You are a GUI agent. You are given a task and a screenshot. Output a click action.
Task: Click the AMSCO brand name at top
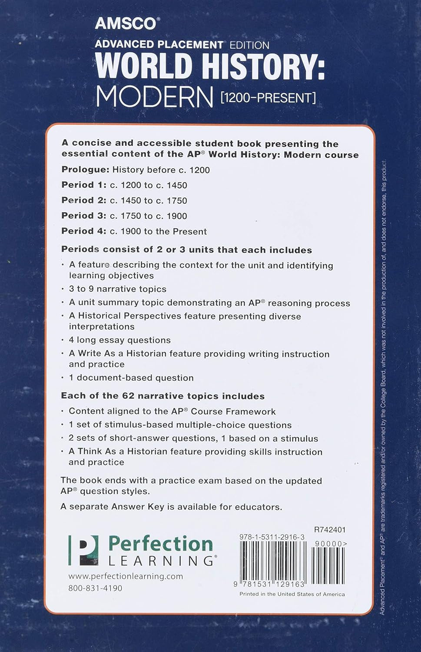coord(125,23)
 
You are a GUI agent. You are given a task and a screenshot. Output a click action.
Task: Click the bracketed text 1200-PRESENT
coord(268,97)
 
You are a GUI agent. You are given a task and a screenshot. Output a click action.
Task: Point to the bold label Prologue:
coord(85,170)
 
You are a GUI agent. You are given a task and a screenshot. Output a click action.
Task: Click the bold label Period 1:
coord(84,185)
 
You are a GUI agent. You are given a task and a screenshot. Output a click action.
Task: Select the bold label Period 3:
coord(84,216)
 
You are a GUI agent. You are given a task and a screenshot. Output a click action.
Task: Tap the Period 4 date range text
coord(158,231)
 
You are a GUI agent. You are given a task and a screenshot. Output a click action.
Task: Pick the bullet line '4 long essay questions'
coord(120,340)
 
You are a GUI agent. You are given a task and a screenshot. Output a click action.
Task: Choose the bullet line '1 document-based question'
coord(131,378)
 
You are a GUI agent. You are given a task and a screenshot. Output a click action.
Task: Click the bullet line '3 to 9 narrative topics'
coord(118,289)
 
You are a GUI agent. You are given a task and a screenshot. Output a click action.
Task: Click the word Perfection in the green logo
coord(160,544)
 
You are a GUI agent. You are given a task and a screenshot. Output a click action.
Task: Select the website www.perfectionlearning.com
coord(126,576)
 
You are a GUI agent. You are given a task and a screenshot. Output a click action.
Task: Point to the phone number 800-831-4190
coord(95,588)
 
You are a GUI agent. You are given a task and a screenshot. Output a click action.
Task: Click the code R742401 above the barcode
coord(330,529)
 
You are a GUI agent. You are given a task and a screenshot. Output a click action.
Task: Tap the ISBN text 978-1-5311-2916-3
coord(272,537)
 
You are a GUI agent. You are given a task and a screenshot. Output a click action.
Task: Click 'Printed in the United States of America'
coord(292,594)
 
